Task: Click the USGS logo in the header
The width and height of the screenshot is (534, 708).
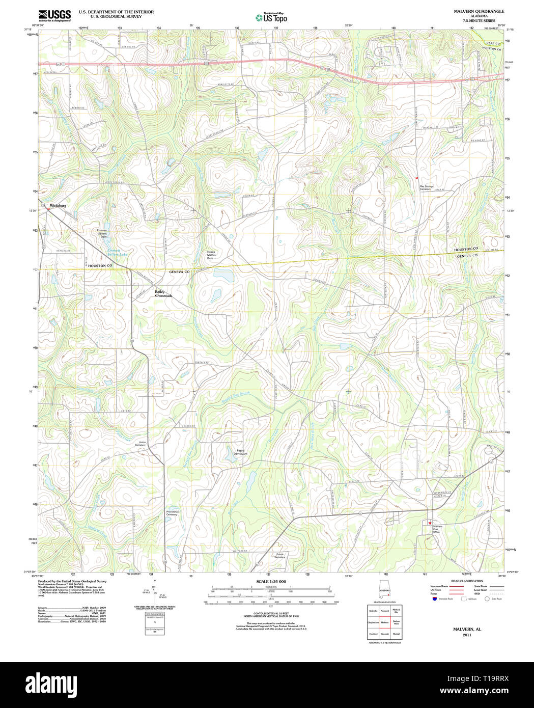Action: point(54,15)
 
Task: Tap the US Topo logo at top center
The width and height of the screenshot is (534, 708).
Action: point(271,18)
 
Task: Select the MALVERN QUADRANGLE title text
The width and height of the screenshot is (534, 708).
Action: point(471,11)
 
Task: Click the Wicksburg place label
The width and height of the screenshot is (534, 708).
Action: point(58,206)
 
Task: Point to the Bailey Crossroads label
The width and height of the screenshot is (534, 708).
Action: point(163,294)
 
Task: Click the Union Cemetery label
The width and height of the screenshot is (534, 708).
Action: point(140,444)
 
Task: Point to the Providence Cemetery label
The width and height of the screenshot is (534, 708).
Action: point(172,513)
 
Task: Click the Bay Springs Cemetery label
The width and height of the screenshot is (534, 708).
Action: point(427,187)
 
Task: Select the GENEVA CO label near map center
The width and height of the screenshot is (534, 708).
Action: point(179,272)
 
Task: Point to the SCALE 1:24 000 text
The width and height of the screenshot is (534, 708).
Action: point(271,581)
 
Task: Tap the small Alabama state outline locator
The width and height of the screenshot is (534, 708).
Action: point(384,590)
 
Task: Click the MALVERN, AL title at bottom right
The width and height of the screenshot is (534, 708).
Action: point(467,630)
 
